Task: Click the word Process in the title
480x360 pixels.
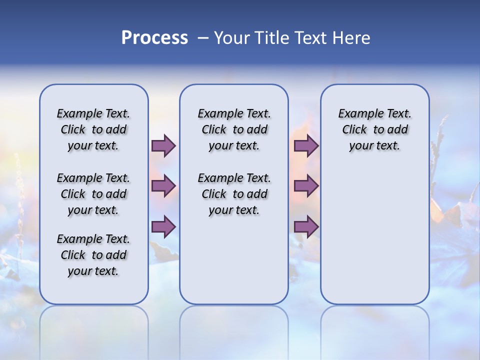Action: pos(154,37)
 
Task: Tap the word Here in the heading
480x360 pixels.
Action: pos(352,37)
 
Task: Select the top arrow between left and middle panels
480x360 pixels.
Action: pos(163,145)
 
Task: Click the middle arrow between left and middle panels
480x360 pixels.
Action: pos(163,186)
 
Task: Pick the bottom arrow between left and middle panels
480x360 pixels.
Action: pos(163,226)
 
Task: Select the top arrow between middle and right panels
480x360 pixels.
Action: pos(306,145)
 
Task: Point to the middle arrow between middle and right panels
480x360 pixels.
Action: pos(306,186)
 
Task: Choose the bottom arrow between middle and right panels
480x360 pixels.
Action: pos(306,226)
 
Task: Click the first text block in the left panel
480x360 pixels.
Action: pos(93,129)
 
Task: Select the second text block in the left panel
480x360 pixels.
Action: pos(93,194)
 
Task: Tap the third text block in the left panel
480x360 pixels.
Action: pos(93,255)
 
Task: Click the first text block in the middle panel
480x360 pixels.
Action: pos(234,129)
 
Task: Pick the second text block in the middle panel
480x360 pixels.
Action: pos(234,194)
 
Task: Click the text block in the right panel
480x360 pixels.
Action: pos(374,129)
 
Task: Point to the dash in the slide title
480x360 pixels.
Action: pos(203,38)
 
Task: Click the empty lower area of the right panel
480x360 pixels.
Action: pos(374,235)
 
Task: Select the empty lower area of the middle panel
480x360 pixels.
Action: pos(234,260)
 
